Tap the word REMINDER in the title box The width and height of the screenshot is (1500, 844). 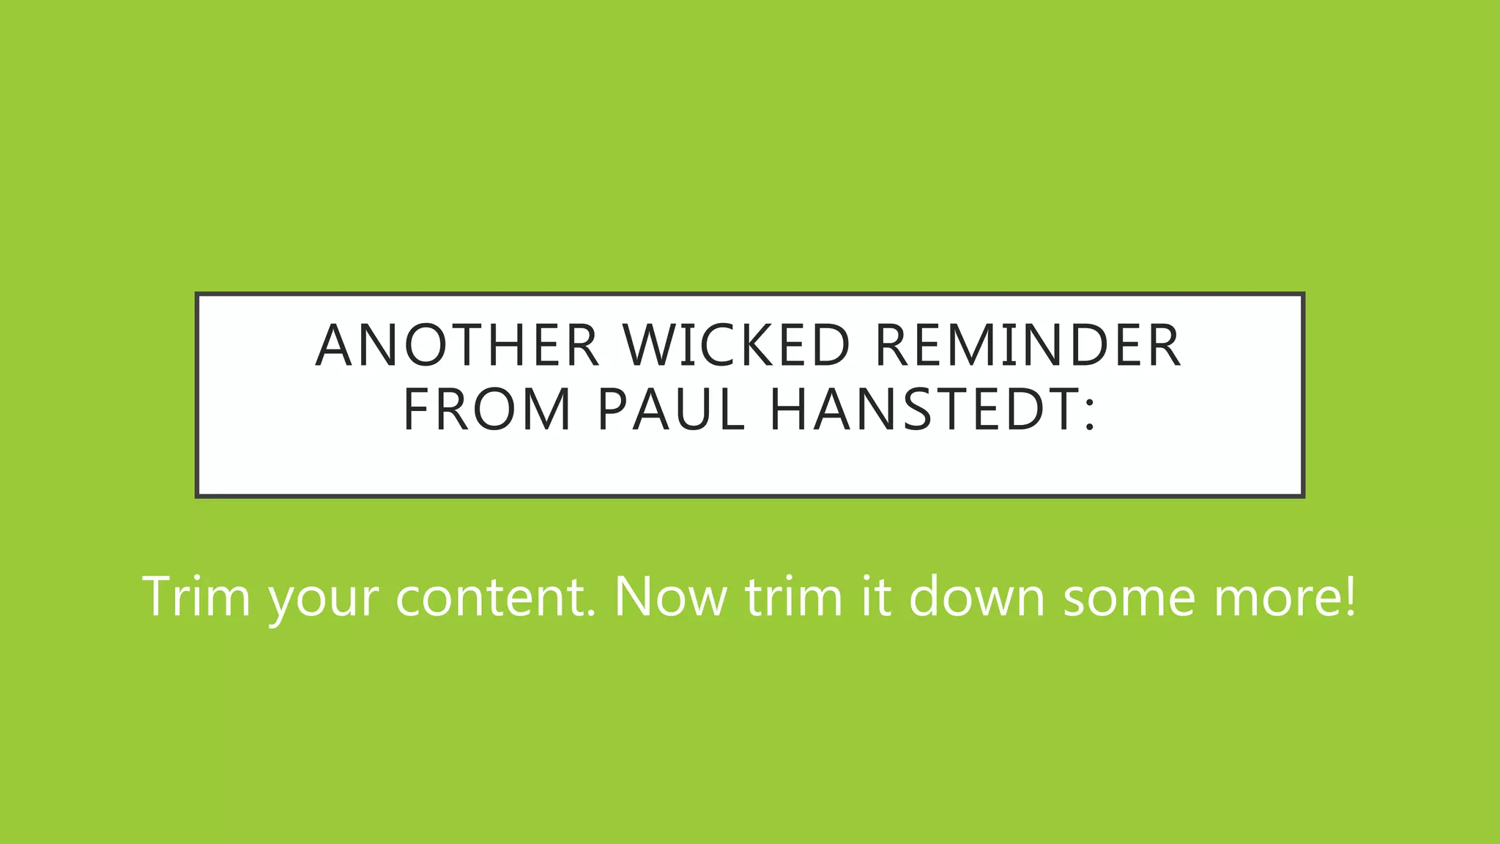[1028, 345]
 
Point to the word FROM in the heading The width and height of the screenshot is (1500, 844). [487, 410]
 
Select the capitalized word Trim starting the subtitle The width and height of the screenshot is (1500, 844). [196, 596]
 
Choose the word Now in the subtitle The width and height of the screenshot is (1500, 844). [670, 596]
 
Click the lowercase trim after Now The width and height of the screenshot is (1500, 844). [794, 596]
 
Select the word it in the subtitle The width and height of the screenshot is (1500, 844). [876, 596]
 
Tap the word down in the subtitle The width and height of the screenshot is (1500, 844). [977, 596]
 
